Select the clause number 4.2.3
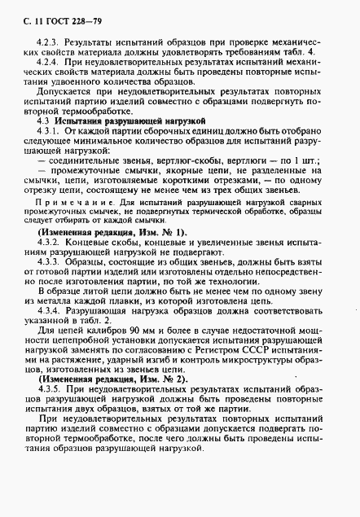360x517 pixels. [50, 40]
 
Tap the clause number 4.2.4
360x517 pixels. [50, 61]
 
